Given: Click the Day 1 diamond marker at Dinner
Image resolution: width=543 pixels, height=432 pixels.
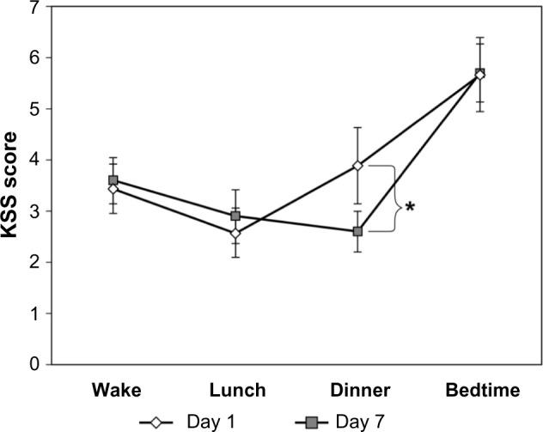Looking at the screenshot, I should pyautogui.click(x=357, y=165).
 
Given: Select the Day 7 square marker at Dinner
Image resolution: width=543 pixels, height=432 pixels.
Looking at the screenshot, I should pyautogui.click(x=357, y=231).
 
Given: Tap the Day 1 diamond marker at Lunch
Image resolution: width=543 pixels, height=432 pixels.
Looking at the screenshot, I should pyautogui.click(x=235, y=233).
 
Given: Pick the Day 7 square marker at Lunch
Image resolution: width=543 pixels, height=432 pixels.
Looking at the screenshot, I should pyautogui.click(x=235, y=216).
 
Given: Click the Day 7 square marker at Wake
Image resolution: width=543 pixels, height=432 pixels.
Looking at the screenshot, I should pyautogui.click(x=113, y=180).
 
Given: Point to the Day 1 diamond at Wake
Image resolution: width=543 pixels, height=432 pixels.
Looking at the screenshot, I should pyautogui.click(x=113, y=189).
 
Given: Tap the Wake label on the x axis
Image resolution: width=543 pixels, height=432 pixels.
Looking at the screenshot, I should pyautogui.click(x=113, y=391).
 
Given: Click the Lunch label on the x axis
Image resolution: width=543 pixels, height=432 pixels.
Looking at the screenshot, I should pyautogui.click(x=235, y=391).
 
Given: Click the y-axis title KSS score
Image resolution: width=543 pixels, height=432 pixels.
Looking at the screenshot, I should pyautogui.click(x=12, y=185).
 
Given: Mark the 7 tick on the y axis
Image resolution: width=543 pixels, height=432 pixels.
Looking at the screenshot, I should pyautogui.click(x=35, y=7).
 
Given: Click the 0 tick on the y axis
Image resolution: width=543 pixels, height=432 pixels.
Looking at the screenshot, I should pyautogui.click(x=35, y=364).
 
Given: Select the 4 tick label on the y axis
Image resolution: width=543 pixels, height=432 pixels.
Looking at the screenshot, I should pyautogui.click(x=35, y=160).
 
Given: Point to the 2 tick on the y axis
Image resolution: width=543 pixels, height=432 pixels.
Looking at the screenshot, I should pyautogui.click(x=35, y=262).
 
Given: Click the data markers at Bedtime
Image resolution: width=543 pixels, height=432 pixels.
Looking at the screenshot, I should pyautogui.click(x=480, y=74).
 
